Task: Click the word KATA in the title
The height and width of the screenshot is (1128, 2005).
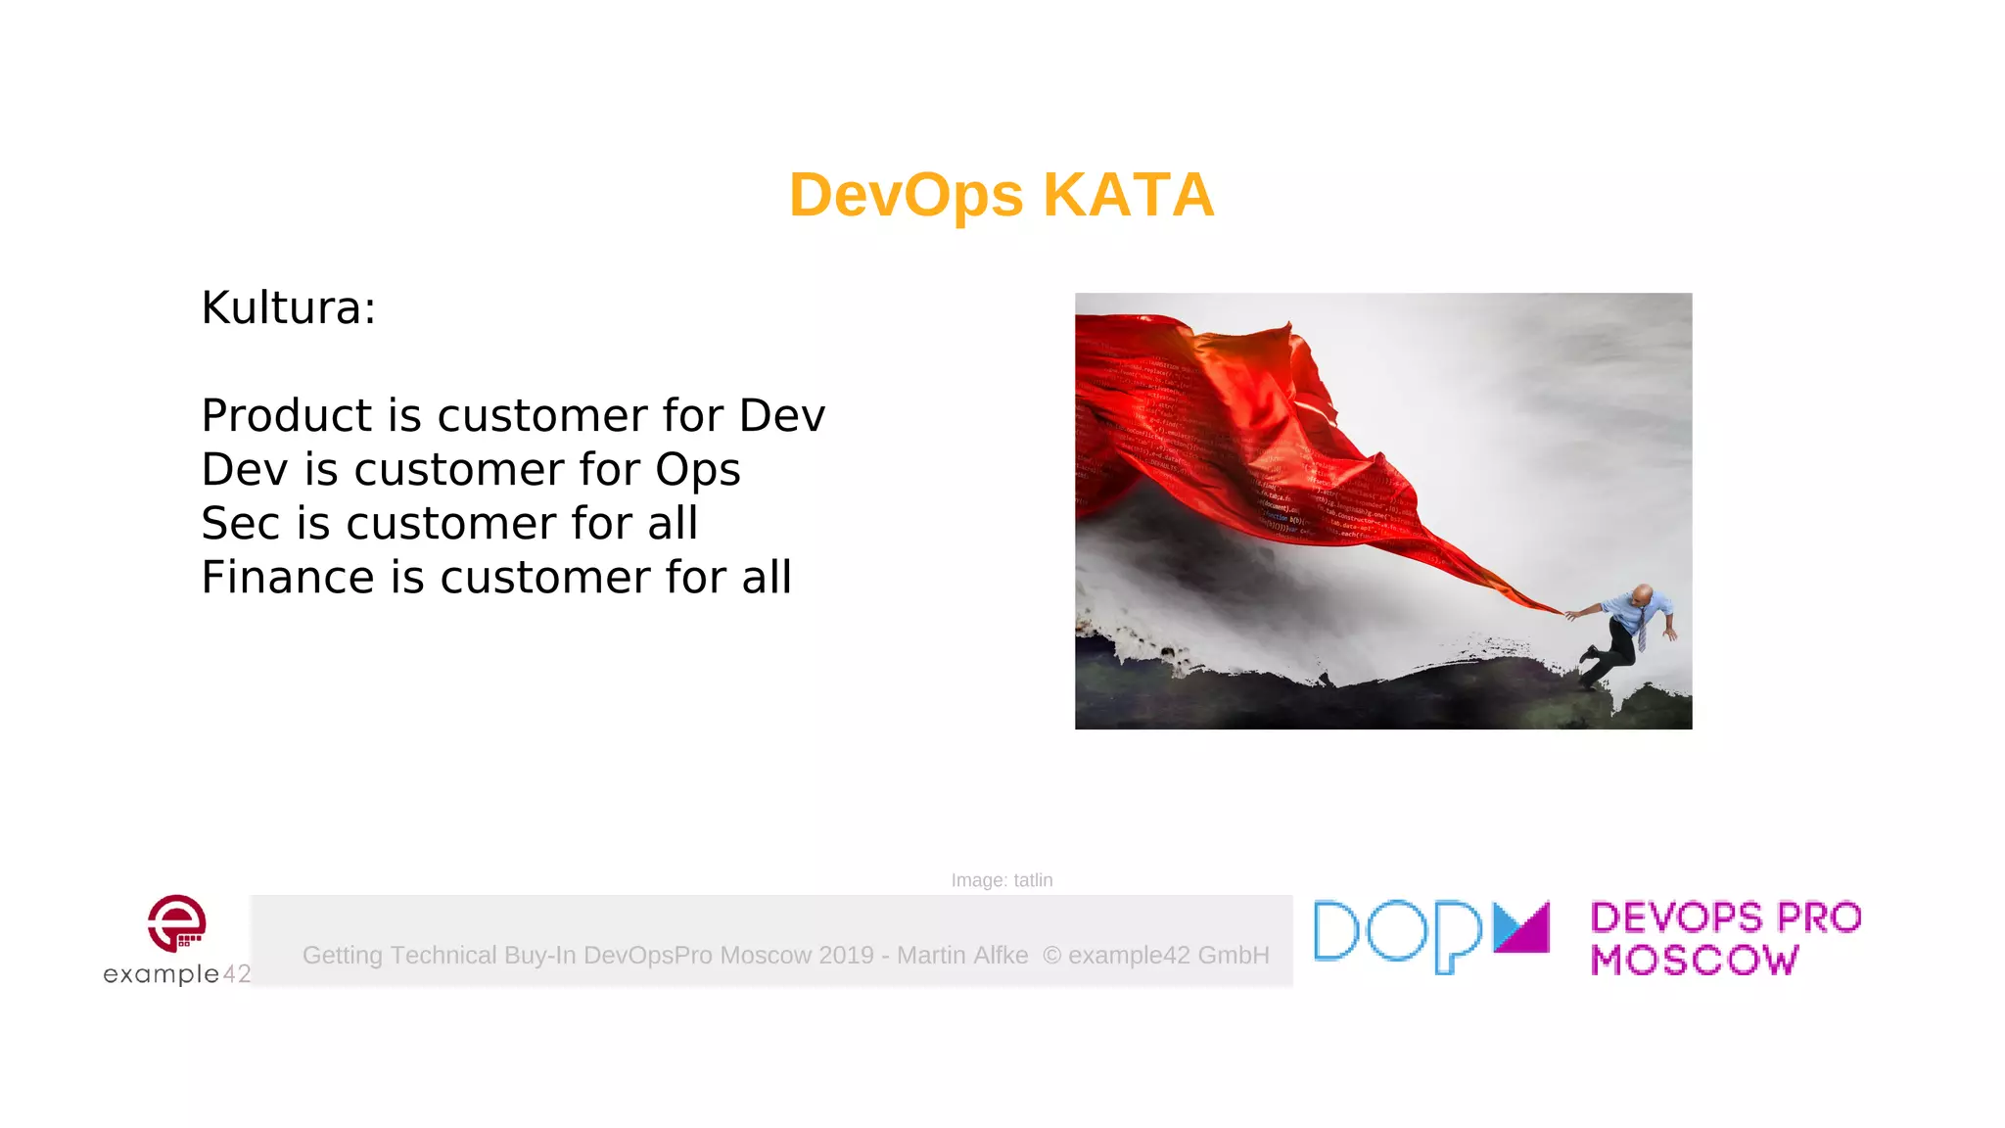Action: coord(1128,195)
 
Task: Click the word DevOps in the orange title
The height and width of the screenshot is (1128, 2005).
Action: coord(906,195)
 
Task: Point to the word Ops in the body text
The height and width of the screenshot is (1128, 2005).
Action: coord(697,470)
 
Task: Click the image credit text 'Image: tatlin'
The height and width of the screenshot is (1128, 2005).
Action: coord(1002,880)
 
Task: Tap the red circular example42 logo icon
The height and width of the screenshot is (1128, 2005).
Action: coord(176,922)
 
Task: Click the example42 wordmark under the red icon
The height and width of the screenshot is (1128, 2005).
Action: coord(176,973)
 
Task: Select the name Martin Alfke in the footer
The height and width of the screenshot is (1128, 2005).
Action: coord(962,955)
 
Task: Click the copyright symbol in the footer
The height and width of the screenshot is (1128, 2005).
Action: coord(1051,956)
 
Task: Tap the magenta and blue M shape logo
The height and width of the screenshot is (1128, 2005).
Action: coord(1521,927)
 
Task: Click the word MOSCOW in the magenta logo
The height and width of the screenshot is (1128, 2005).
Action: coord(1694,960)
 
